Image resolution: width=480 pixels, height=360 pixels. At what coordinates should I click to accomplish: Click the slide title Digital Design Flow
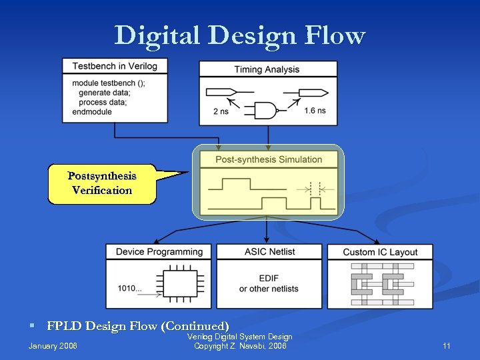pyautogui.click(x=239, y=35)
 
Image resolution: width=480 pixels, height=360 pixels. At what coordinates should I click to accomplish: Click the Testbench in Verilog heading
pyautogui.click(x=115, y=66)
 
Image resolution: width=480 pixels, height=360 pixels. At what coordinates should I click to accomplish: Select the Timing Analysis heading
pyautogui.click(x=267, y=69)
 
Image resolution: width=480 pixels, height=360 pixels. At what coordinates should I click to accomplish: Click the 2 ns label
pyautogui.click(x=221, y=111)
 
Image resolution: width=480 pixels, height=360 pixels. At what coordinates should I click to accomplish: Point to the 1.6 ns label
pyautogui.click(x=315, y=111)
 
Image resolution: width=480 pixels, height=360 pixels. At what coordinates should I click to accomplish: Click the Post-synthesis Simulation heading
pyautogui.click(x=268, y=159)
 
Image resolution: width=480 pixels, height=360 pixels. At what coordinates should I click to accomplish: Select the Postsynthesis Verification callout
pyautogui.click(x=102, y=183)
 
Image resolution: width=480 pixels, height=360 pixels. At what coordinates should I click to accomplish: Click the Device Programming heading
pyautogui.click(x=159, y=252)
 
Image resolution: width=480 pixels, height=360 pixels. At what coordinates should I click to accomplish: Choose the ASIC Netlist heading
pyautogui.click(x=269, y=252)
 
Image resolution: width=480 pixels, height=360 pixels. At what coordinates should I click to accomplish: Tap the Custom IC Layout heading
pyautogui.click(x=380, y=253)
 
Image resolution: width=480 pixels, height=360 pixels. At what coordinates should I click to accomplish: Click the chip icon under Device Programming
pyautogui.click(x=179, y=283)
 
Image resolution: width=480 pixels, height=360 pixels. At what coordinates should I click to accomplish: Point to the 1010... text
pyautogui.click(x=130, y=289)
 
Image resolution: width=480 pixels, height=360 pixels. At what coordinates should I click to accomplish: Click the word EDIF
pyautogui.click(x=269, y=279)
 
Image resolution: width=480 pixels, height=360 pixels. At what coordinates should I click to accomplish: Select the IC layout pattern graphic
pyautogui.click(x=380, y=283)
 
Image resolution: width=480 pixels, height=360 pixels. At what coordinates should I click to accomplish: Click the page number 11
pyautogui.click(x=447, y=346)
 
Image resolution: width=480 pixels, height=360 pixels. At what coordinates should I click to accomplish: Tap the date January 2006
pyautogui.click(x=53, y=346)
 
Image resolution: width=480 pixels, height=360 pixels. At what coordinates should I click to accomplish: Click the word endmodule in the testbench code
pyautogui.click(x=92, y=112)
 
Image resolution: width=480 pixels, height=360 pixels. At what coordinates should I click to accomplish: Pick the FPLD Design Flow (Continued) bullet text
pyautogui.click(x=138, y=326)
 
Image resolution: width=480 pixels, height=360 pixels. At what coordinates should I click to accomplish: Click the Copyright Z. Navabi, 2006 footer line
pyautogui.click(x=240, y=346)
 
